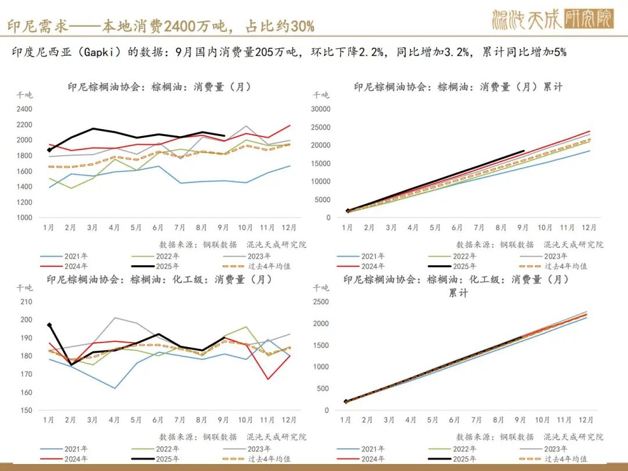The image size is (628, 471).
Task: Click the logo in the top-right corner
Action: (553, 20)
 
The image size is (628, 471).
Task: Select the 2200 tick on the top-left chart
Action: (24, 124)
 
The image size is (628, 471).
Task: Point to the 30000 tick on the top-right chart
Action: (320, 109)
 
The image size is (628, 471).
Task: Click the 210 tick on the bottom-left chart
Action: (27, 301)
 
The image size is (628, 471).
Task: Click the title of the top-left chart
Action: (159, 87)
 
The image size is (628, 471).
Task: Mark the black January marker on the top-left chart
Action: (49, 151)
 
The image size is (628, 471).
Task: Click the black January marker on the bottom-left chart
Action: (49, 325)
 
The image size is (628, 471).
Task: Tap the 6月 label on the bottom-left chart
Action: (158, 420)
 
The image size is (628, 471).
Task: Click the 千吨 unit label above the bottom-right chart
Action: (321, 287)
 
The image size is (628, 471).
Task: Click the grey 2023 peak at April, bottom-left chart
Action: (115, 317)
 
